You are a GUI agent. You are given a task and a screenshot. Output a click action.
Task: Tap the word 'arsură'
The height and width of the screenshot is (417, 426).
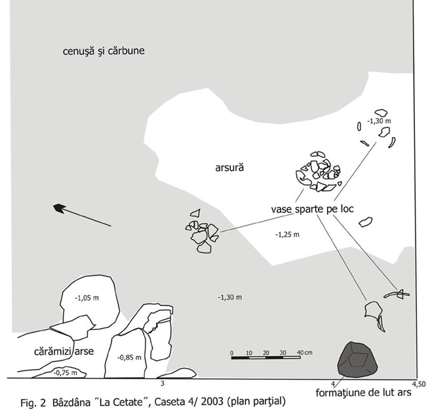tap(229, 168)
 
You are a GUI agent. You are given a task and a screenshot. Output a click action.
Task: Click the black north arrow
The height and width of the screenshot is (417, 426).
tap(61, 208)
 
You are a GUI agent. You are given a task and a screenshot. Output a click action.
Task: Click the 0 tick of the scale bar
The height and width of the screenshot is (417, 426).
tap(232, 353)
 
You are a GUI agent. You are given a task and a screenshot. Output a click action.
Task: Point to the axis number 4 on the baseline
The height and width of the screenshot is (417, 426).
tap(333, 383)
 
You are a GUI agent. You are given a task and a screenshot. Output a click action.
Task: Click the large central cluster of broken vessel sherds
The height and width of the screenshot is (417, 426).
tap(318, 172)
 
